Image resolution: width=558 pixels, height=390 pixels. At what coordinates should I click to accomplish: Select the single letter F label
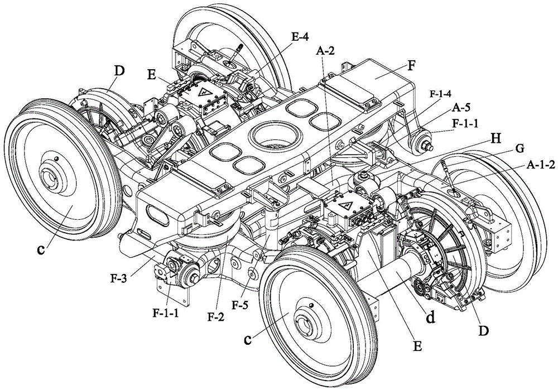point(411,65)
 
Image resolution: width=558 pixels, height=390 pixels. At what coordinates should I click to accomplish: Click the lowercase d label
point(431,318)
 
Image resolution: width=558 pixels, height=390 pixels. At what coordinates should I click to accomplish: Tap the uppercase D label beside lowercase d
point(484,331)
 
